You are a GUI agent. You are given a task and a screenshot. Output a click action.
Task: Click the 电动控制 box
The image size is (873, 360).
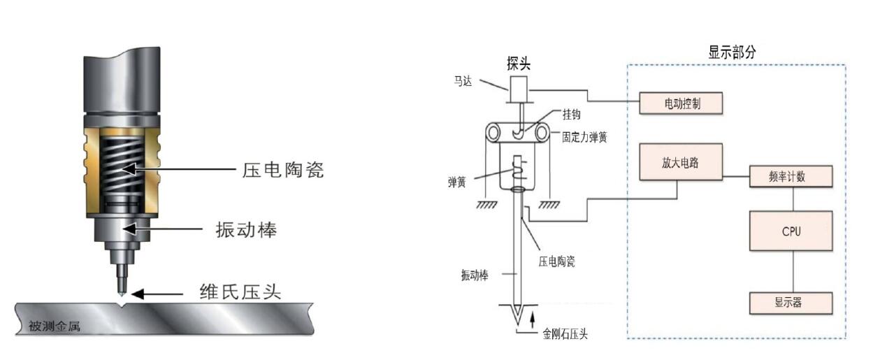point(681,104)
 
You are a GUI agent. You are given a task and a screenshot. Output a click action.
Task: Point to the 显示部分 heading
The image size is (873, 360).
point(733,52)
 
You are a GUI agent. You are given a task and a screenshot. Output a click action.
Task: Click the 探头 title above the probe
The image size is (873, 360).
point(519,64)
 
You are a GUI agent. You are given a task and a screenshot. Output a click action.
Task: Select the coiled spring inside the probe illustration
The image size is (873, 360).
point(122,168)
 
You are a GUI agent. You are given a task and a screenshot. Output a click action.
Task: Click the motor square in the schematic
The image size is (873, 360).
point(519,89)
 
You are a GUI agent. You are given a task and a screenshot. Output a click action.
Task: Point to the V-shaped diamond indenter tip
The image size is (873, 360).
point(518,314)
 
